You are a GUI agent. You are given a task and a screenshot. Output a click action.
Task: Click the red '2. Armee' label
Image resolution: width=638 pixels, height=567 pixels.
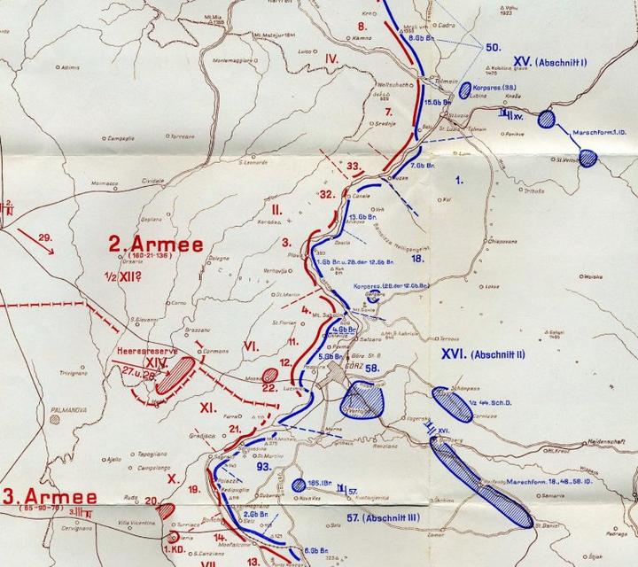(x=155, y=245)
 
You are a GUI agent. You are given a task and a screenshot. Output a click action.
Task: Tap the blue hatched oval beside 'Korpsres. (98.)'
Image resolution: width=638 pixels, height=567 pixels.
(x=465, y=89)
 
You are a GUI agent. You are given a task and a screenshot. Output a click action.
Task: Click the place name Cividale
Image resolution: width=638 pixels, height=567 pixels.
(x=178, y=178)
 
